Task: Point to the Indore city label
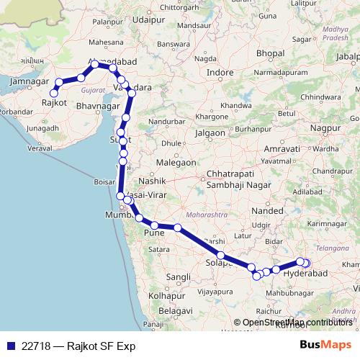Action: pos(220,73)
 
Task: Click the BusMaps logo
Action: pos(325,346)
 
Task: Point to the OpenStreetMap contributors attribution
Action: pos(297,322)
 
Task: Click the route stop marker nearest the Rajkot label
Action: pos(53,92)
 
